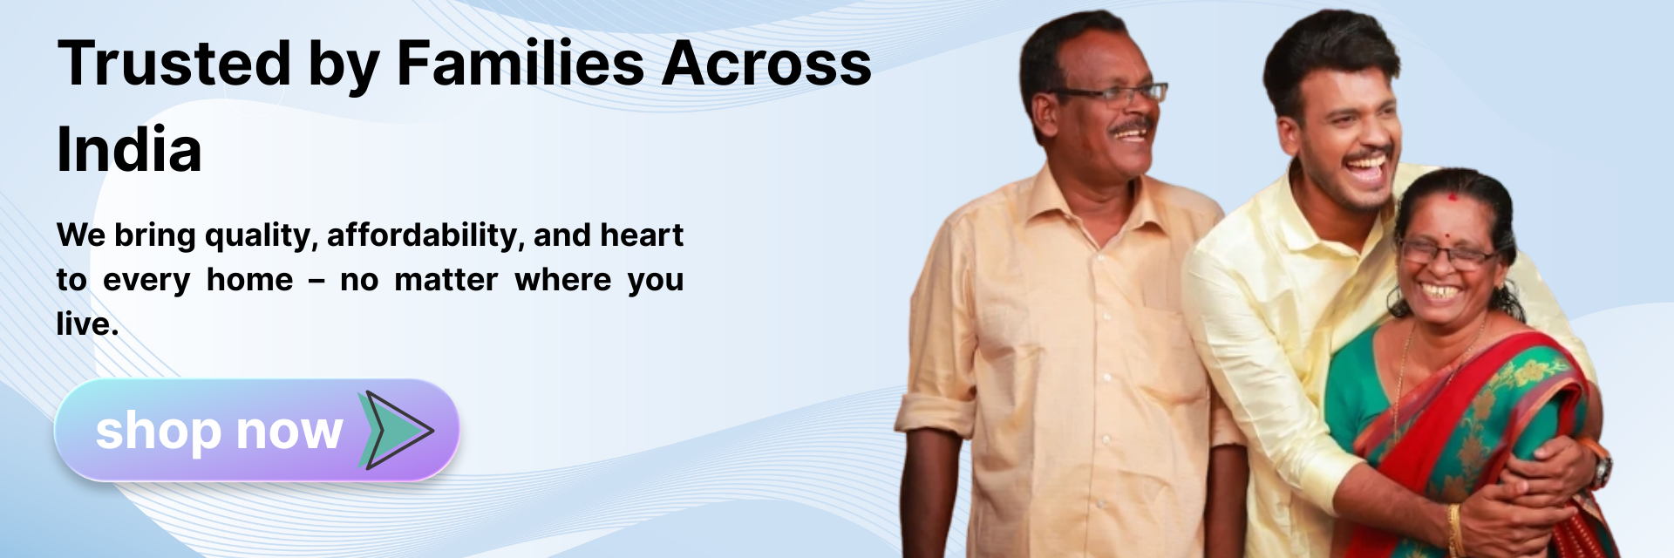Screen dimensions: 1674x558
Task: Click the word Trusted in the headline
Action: coord(174,63)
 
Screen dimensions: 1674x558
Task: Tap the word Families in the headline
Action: coord(521,63)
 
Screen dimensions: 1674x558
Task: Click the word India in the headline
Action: coord(129,149)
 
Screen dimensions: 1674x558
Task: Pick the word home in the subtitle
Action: coord(249,280)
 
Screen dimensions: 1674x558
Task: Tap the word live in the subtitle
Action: coord(86,324)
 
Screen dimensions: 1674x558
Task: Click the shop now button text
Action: coord(219,431)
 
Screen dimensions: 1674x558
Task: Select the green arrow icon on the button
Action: coord(394,430)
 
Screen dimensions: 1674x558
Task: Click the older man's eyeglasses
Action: coord(1112,93)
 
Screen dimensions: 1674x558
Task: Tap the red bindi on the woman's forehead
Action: coord(1453,196)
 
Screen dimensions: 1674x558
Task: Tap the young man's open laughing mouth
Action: coord(1366,168)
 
